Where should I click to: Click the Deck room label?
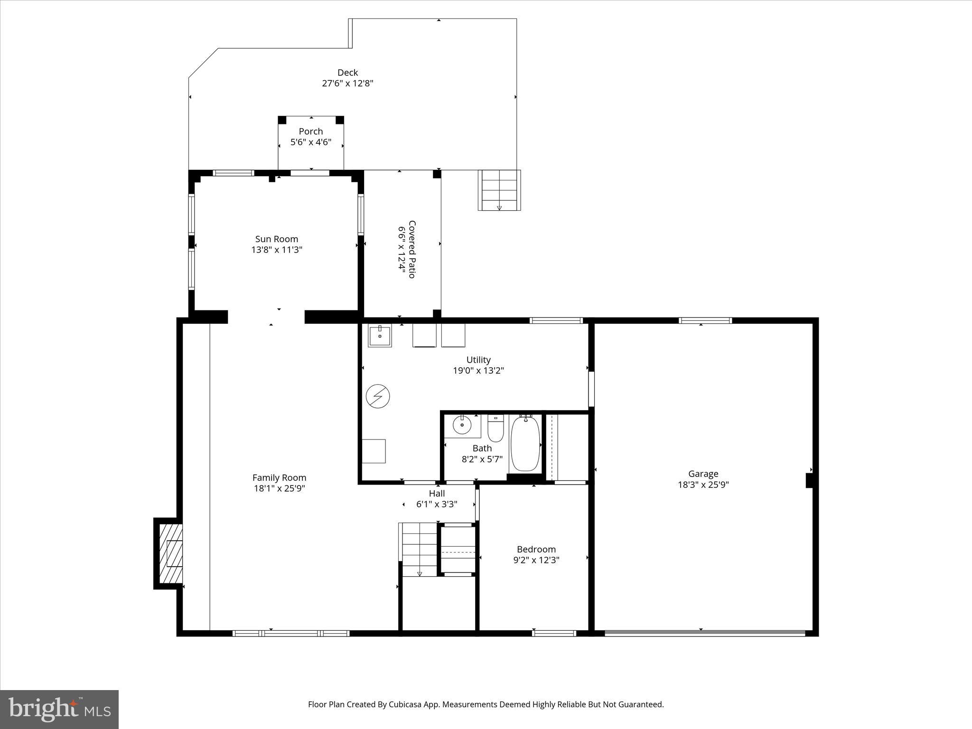click(x=347, y=73)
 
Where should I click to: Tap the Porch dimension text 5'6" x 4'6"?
click(x=311, y=142)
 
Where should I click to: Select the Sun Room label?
click(x=277, y=239)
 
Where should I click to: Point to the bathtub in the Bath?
click(x=525, y=443)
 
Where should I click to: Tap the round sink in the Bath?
click(x=462, y=425)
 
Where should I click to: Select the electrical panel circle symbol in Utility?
click(x=378, y=396)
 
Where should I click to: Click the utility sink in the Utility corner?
click(x=380, y=336)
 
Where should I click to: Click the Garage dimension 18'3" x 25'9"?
click(x=703, y=485)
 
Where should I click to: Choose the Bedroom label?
click(x=536, y=549)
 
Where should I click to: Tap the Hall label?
click(x=437, y=494)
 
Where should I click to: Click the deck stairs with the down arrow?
click(x=499, y=190)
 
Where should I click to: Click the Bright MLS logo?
click(x=59, y=709)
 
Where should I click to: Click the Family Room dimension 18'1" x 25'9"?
click(x=279, y=488)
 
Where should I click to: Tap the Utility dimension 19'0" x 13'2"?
click(x=478, y=371)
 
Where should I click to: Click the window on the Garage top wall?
click(x=705, y=321)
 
